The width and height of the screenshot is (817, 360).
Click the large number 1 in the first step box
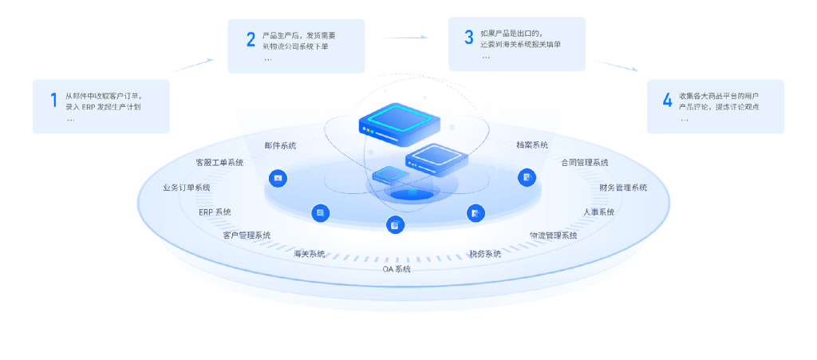click(x=53, y=101)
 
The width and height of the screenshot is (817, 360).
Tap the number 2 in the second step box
click(x=251, y=40)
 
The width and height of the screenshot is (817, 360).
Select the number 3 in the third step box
click(x=468, y=37)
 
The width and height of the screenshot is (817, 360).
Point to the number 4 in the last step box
click(x=667, y=101)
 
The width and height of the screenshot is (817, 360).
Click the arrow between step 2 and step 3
click(x=405, y=37)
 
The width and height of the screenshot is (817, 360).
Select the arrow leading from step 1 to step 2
click(x=192, y=65)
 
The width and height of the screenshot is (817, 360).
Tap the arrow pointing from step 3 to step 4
click(x=615, y=66)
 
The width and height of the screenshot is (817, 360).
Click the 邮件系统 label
click(x=280, y=145)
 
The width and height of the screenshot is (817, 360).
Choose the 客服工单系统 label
click(x=219, y=163)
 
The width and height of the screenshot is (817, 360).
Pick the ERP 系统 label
click(x=215, y=212)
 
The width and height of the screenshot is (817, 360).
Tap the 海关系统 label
click(x=309, y=254)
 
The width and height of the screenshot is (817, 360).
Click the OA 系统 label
click(x=397, y=270)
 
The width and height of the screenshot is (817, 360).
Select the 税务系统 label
click(x=485, y=254)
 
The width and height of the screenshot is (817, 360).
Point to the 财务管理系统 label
click(x=623, y=188)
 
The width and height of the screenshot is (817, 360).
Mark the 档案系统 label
click(x=532, y=145)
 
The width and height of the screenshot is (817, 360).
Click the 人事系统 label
click(x=598, y=212)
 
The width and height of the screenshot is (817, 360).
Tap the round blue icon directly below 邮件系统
click(x=278, y=178)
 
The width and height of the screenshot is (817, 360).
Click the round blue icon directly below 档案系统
click(x=526, y=177)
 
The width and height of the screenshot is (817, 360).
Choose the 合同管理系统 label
click(x=585, y=163)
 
